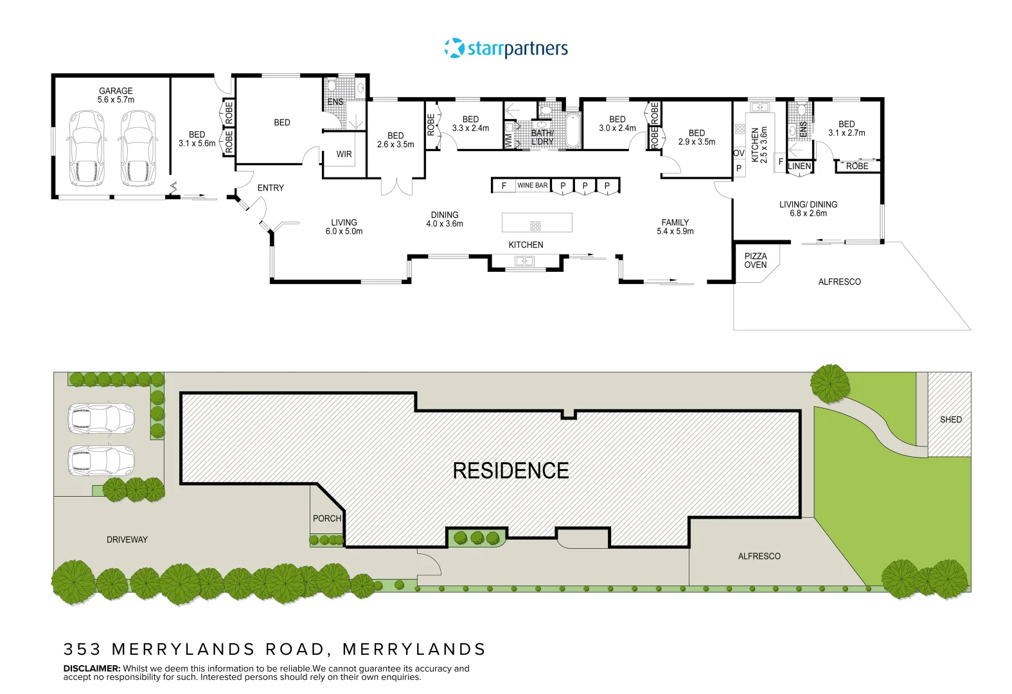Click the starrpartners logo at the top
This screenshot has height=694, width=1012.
pyautogui.click(x=506, y=48)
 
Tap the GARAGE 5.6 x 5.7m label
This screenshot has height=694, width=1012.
pyautogui.click(x=116, y=95)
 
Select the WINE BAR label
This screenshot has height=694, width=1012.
pyautogui.click(x=532, y=185)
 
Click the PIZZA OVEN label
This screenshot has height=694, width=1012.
pyautogui.click(x=756, y=260)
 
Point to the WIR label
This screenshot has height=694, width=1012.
pyautogui.click(x=344, y=154)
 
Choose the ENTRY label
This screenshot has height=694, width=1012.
pyautogui.click(x=271, y=188)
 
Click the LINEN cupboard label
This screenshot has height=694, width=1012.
pyautogui.click(x=799, y=166)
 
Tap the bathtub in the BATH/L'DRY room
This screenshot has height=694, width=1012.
pyautogui.click(x=573, y=130)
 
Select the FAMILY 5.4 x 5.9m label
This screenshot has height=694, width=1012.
pyautogui.click(x=675, y=227)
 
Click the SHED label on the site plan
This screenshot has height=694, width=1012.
pyautogui.click(x=950, y=420)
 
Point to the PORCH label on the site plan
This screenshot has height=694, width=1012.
pyautogui.click(x=326, y=518)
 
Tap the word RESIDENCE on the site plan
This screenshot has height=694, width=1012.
pyautogui.click(x=511, y=471)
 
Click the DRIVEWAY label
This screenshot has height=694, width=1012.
pyautogui.click(x=127, y=540)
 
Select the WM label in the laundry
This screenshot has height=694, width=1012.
pyautogui.click(x=508, y=141)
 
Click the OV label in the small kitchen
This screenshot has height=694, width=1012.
pyautogui.click(x=739, y=153)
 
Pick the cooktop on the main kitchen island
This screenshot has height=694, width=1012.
pyautogui.click(x=535, y=226)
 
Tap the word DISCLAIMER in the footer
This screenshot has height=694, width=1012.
pyautogui.click(x=92, y=668)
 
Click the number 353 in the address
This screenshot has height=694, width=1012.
pyautogui.click(x=82, y=649)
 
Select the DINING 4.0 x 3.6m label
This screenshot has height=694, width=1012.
pyautogui.click(x=445, y=219)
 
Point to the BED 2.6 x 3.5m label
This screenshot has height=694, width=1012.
pyautogui.click(x=395, y=140)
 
